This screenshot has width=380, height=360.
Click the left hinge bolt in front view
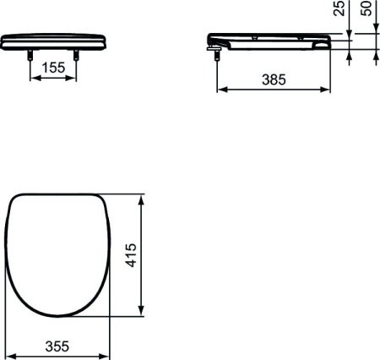pos(32,54)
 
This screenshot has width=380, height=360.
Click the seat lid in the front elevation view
pos(56,41)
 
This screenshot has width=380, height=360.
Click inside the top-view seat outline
pos(59,254)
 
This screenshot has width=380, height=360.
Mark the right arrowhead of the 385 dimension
pos(327,89)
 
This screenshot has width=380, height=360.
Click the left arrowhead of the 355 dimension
pos(12,354)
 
